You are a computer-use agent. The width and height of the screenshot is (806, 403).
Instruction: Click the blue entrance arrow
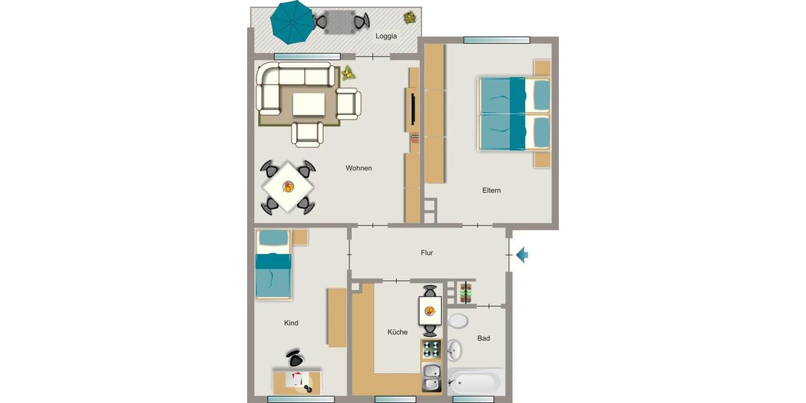[523, 255]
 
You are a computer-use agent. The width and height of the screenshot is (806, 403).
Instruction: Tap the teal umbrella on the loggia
[292, 21]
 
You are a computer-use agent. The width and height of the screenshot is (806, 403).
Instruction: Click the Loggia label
[386, 36]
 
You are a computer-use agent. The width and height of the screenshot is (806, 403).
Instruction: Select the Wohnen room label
[359, 168]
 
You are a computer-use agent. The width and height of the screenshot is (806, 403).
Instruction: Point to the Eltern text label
[491, 190]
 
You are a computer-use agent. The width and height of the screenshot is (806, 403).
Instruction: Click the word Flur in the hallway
[427, 253]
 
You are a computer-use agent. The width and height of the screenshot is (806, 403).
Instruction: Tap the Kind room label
[291, 323]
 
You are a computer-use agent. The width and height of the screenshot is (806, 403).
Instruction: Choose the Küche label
[397, 332]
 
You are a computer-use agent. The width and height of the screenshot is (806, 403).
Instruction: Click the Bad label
[484, 338]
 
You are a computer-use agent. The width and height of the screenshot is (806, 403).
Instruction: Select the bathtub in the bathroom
[474, 382]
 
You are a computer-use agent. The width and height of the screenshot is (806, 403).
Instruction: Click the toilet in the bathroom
[458, 320]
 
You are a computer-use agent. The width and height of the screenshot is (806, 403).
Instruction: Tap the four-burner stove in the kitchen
[431, 349]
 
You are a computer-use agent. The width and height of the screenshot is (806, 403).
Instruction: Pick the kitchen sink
[431, 377]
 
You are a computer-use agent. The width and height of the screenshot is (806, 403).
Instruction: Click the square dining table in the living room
[288, 187]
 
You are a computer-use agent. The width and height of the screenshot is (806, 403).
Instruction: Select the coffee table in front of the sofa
[308, 104]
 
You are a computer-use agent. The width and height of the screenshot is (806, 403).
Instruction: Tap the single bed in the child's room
[273, 265]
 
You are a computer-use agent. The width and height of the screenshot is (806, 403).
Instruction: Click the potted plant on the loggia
[408, 17]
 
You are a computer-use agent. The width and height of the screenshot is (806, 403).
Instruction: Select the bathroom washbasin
[455, 349]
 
